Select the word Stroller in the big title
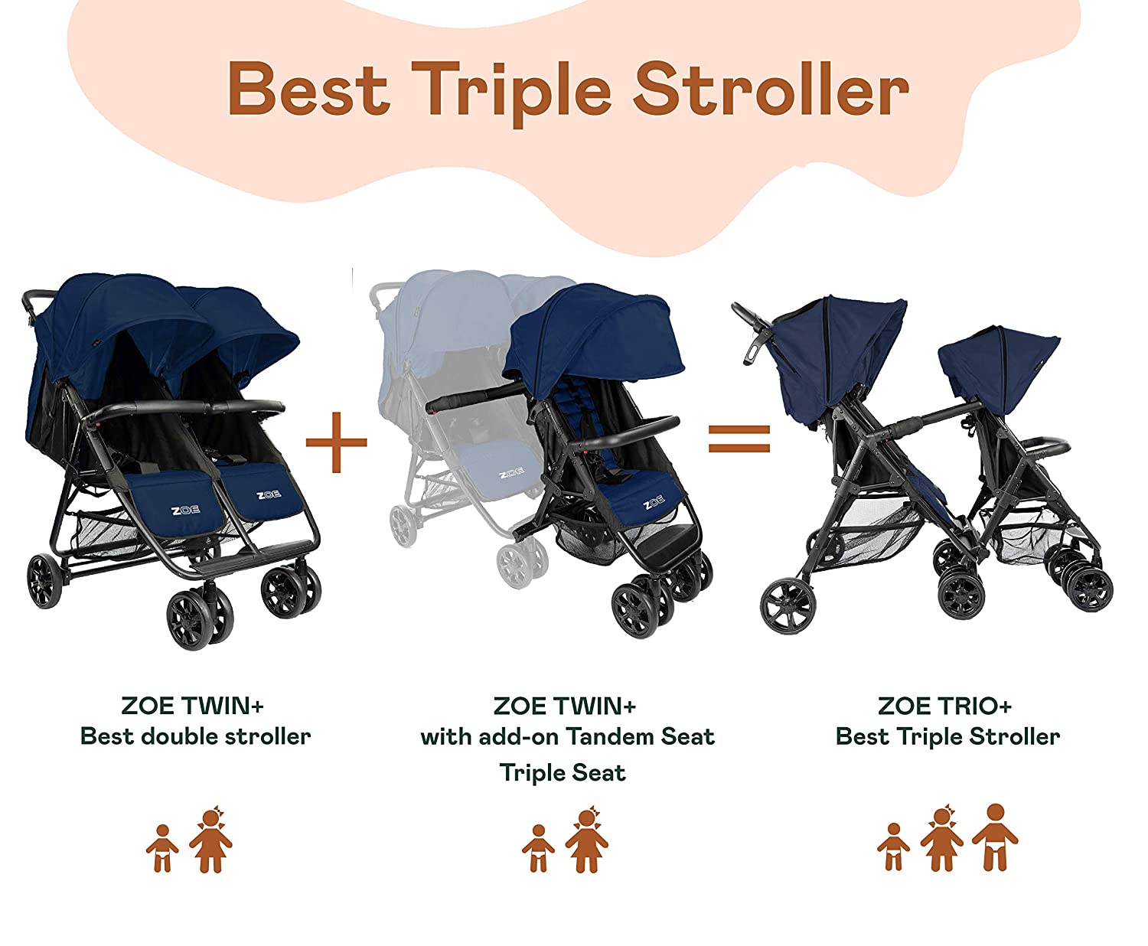tap(771, 90)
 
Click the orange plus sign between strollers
tap(336, 442)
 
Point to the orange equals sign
tap(739, 439)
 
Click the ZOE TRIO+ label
tap(944, 705)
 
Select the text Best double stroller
tap(195, 736)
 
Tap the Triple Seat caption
tap(563, 773)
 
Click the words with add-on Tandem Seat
tap(567, 736)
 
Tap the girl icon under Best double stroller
tap(210, 840)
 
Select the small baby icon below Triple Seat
tap(538, 848)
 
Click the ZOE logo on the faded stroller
tap(510, 474)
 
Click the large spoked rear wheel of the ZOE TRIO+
tap(788, 605)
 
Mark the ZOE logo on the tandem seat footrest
tap(653, 503)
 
